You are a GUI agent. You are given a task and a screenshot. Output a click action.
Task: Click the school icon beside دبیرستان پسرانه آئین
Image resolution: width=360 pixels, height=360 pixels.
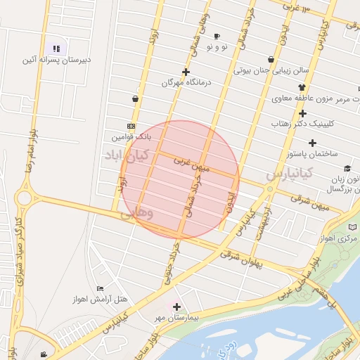coord(56,49)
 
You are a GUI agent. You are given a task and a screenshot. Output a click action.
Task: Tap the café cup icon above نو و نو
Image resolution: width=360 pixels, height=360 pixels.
coord(217,36)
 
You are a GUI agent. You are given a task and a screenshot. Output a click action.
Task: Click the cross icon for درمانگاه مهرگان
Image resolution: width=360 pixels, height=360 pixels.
coord(186,72)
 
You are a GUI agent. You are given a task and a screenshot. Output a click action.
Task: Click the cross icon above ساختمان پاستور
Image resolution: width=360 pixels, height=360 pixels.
coord(303,113)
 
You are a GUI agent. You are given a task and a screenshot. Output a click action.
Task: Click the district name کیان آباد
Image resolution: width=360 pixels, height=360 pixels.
coord(123,154)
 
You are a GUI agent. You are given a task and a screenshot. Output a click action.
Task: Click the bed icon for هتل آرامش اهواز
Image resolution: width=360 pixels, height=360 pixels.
coord(100,289)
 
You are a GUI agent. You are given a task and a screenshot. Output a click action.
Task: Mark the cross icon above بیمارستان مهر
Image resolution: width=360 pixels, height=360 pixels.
coord(176,307)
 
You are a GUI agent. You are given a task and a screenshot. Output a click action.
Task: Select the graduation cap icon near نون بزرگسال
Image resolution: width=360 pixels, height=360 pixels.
coord(347,168)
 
